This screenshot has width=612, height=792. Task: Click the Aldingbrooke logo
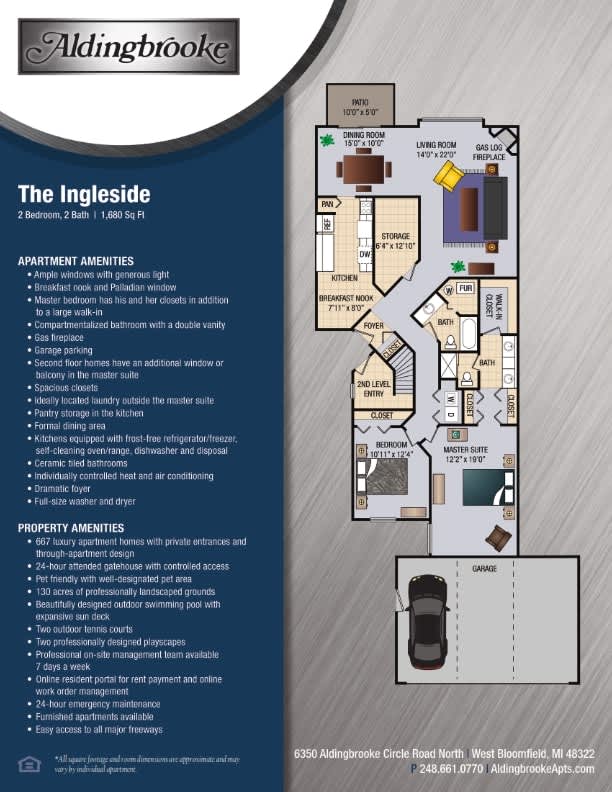pyautogui.click(x=129, y=47)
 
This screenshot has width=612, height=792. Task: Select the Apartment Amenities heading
pyautogui.click(x=76, y=261)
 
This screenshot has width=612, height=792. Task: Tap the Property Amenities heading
pyautogui.click(x=71, y=527)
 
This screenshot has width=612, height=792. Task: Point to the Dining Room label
pyautogui.click(x=364, y=138)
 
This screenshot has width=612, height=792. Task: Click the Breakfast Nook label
pyautogui.click(x=346, y=303)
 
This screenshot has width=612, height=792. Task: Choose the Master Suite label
pyautogui.click(x=463, y=454)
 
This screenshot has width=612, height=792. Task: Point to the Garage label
pyautogui.click(x=484, y=568)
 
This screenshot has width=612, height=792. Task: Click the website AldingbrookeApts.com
pyautogui.click(x=544, y=769)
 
